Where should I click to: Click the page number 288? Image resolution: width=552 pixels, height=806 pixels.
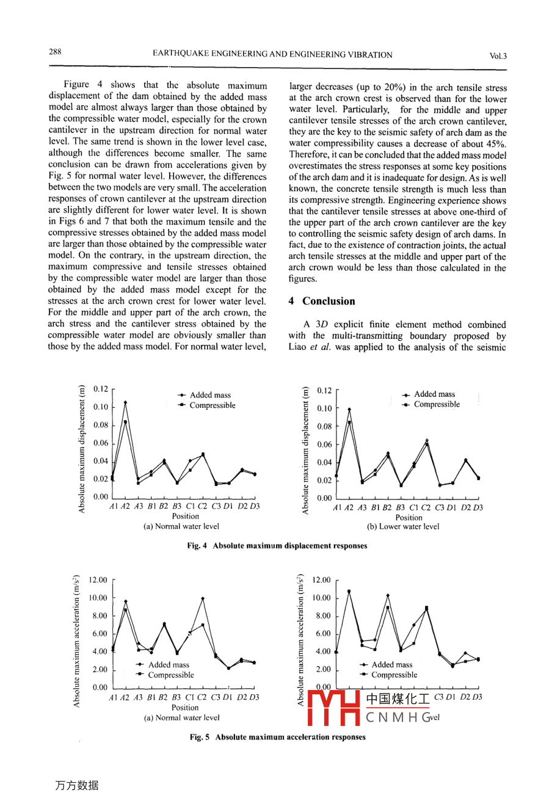click(55, 52)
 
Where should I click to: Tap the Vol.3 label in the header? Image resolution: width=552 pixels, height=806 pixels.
click(498, 56)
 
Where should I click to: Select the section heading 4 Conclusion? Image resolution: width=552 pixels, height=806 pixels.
click(322, 301)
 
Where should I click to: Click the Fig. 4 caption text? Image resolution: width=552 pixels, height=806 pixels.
click(277, 546)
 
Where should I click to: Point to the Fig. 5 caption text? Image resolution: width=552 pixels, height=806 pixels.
click(277, 737)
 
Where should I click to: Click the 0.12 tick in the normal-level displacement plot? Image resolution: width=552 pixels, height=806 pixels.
click(101, 389)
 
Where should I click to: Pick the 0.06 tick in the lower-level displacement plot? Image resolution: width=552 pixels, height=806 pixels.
click(325, 445)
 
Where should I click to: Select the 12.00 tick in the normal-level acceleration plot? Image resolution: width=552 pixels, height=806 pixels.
click(98, 580)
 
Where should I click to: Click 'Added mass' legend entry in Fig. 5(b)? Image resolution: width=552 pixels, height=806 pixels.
click(391, 664)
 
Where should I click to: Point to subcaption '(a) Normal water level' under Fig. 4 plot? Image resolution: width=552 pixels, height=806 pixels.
click(181, 526)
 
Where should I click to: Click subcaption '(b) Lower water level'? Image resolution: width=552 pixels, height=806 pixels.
click(403, 526)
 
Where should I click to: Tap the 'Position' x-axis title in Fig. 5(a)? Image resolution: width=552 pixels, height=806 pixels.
click(185, 707)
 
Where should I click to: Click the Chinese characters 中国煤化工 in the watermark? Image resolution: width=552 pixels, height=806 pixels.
click(398, 698)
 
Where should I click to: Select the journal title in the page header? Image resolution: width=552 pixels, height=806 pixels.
click(272, 54)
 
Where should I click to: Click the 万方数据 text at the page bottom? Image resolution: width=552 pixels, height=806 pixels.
click(76, 786)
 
